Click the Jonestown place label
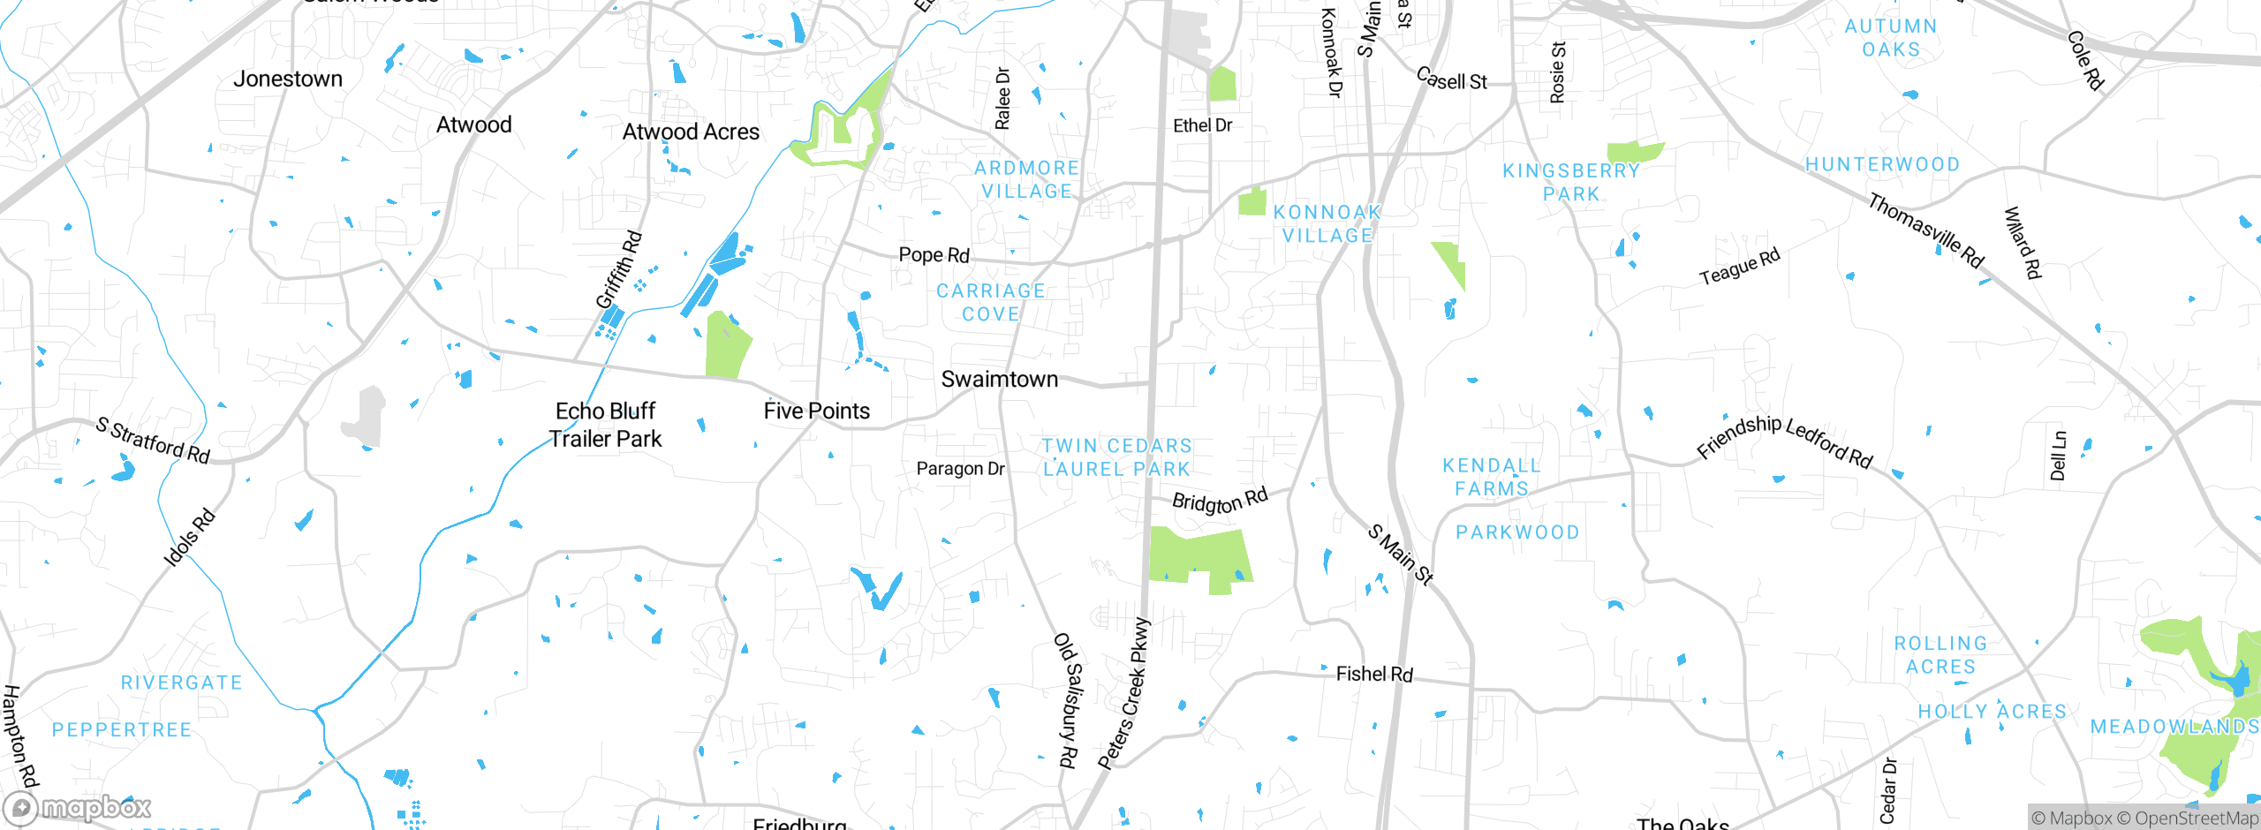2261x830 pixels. point(288,79)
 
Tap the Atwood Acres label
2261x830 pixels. point(691,132)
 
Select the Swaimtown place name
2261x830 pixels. point(999,380)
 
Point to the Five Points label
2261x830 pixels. point(816,411)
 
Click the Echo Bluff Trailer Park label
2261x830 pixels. point(605,426)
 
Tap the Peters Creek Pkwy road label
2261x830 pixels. point(1125,694)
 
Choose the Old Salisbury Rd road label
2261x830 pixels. point(1068,699)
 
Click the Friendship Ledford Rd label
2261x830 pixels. point(1784,440)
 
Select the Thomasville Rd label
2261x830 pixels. point(1925,231)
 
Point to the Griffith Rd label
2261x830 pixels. point(619,269)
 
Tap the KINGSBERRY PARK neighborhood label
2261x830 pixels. point(1571,183)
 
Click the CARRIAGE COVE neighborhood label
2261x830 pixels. point(990,303)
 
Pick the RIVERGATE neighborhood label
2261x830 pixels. point(181,683)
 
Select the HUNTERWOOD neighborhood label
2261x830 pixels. point(1882,165)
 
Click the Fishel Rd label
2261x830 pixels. point(1374,675)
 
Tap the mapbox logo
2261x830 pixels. point(78,808)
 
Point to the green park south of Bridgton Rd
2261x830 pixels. point(1200,556)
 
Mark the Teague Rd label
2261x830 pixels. point(1739,268)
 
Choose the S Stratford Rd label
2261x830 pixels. point(153,441)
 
